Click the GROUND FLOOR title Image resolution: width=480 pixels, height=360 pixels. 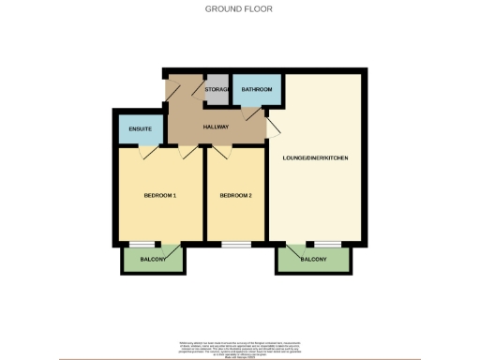239,9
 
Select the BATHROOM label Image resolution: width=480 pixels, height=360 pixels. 256,89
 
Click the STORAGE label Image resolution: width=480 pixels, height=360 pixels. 217,89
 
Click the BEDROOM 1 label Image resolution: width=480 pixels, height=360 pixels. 159,195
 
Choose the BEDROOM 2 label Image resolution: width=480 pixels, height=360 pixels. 235,195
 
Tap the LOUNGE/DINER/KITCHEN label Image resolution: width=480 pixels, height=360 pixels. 315,157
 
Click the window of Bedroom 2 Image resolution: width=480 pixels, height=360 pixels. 235,244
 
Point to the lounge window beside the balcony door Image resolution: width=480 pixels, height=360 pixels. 327,244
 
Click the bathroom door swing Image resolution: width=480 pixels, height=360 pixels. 249,112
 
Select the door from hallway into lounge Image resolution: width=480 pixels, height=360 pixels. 273,126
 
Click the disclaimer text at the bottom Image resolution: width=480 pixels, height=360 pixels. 239,349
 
